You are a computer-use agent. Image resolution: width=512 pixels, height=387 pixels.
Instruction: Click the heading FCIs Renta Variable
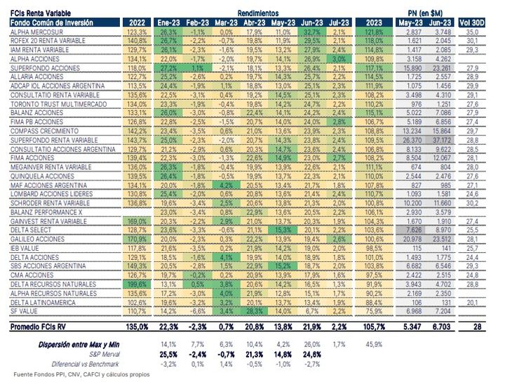[37, 13]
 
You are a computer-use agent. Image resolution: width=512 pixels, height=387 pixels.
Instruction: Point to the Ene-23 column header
[168, 23]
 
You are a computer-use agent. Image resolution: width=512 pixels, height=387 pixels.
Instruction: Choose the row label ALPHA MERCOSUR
[33, 33]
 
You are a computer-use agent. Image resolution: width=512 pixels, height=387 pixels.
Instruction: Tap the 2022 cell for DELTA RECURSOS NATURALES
[135, 284]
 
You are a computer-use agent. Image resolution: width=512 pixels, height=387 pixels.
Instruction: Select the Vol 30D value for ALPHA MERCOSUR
[472, 33]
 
